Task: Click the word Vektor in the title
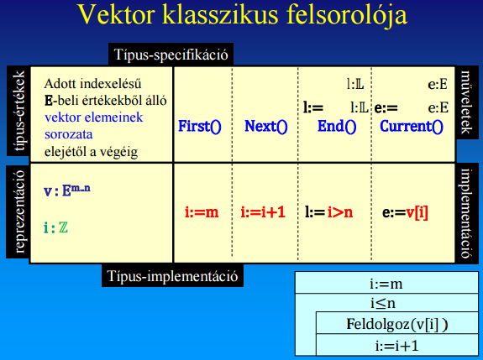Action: tap(117, 14)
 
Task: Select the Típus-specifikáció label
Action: tap(171, 55)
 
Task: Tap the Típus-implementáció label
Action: tap(172, 276)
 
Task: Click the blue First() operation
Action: tap(200, 126)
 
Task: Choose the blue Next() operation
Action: tap(265, 126)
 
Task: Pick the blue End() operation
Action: tap(337, 126)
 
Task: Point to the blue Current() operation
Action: tap(412, 126)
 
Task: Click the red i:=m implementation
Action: tap(202, 212)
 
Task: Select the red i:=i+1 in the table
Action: tap(263, 212)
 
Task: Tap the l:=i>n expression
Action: tap(328, 212)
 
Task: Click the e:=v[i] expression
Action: tap(405, 212)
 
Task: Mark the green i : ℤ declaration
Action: tap(55, 227)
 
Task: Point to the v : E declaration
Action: tap(67, 190)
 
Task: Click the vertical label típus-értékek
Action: tap(18, 111)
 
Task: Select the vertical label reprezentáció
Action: tap(18, 211)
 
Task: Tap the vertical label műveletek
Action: tap(466, 102)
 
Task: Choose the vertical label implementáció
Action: tap(466, 213)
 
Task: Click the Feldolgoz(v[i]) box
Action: tap(397, 323)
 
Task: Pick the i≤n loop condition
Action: tap(383, 304)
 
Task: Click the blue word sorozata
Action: tap(68, 134)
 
